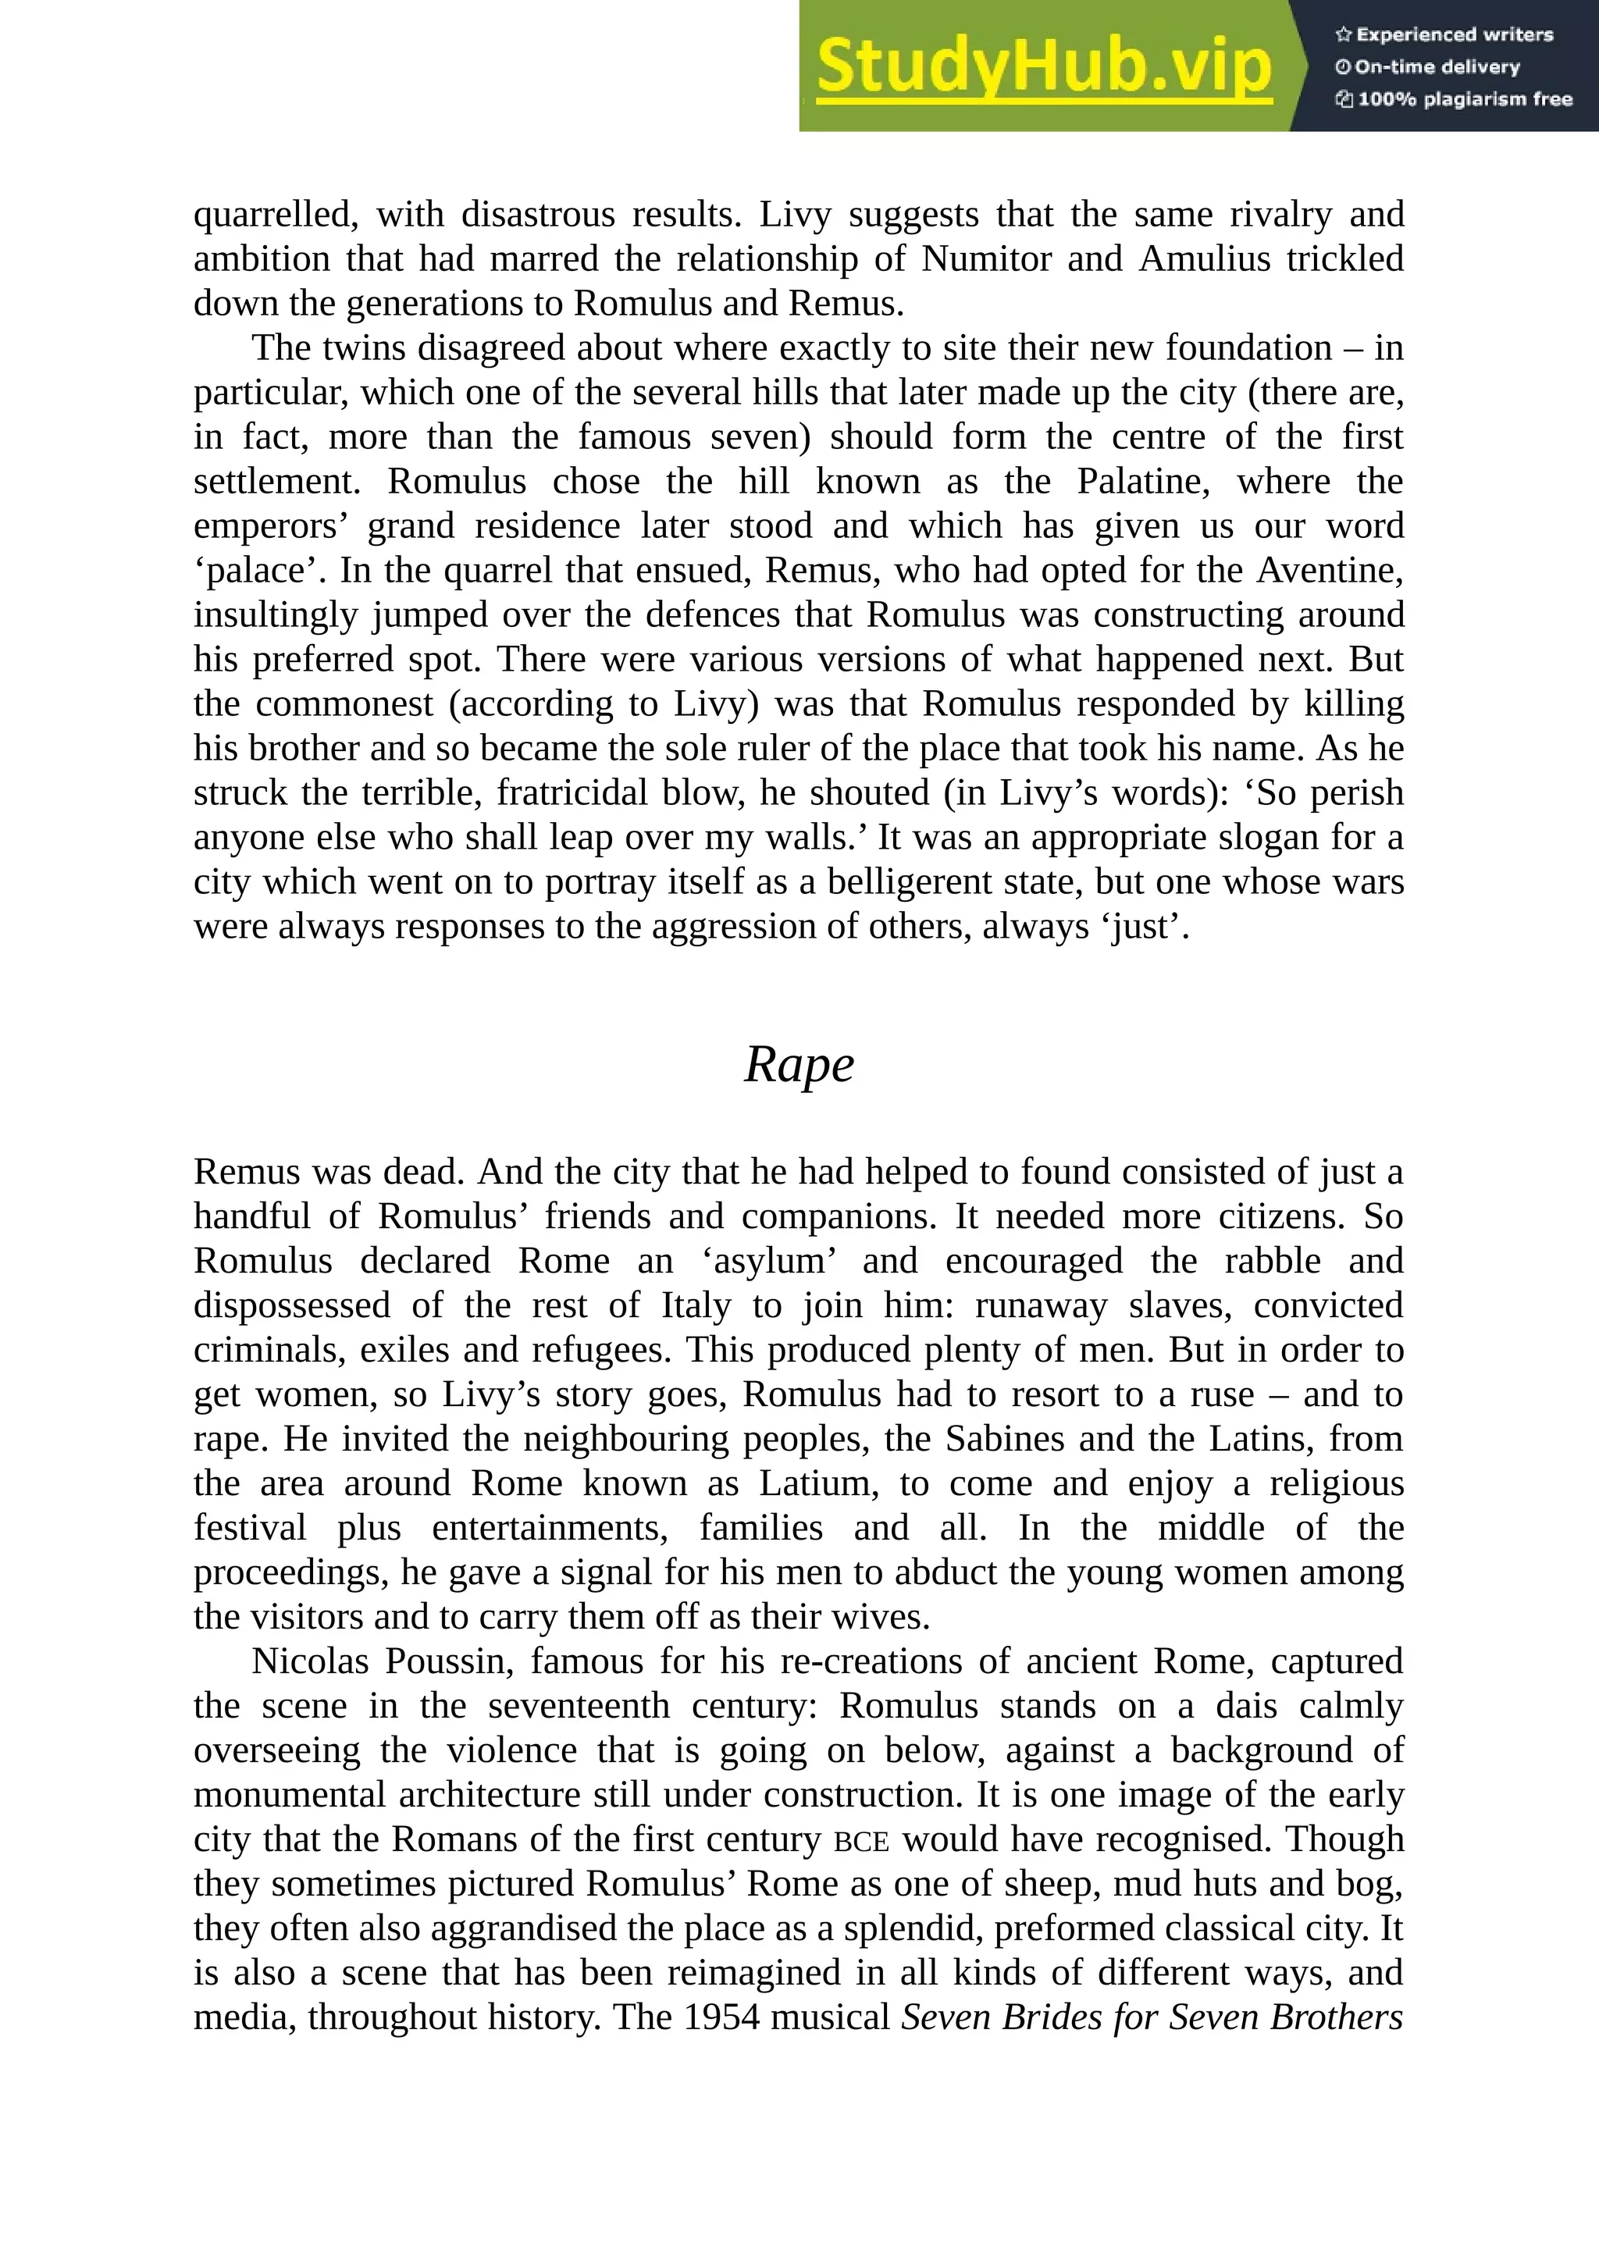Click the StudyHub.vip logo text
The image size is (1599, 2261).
click(x=1044, y=67)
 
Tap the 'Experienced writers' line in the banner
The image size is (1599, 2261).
click(x=1444, y=34)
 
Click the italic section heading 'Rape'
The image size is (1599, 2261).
click(x=799, y=1064)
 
